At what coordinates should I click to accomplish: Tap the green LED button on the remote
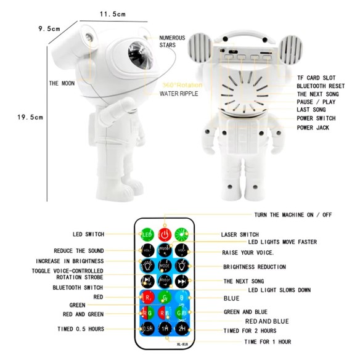coord(148,235)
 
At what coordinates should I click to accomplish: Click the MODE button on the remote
coord(165,266)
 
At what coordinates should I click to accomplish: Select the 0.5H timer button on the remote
coord(148,329)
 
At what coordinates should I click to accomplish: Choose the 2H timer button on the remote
coord(182,329)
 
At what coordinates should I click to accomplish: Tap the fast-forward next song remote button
coord(182,281)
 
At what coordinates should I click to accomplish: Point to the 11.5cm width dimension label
coord(113,14)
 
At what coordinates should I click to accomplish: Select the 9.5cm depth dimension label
coord(49,28)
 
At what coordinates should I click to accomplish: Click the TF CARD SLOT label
coord(316,77)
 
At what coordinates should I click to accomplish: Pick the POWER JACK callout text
coord(313,128)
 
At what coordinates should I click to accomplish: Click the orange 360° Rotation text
coord(179,85)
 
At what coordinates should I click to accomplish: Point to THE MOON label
coord(62,83)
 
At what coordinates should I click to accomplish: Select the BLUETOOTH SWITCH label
coord(78,287)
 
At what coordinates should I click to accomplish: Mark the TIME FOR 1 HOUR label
coord(268,342)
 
